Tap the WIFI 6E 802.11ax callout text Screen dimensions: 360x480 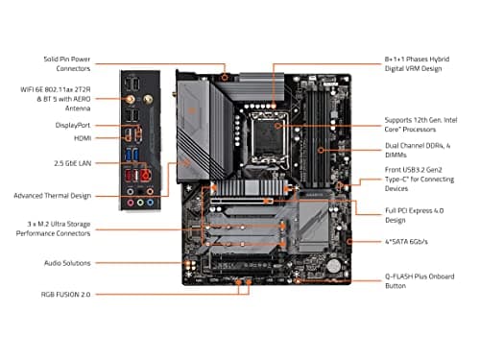pyautogui.click(x=64, y=99)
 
